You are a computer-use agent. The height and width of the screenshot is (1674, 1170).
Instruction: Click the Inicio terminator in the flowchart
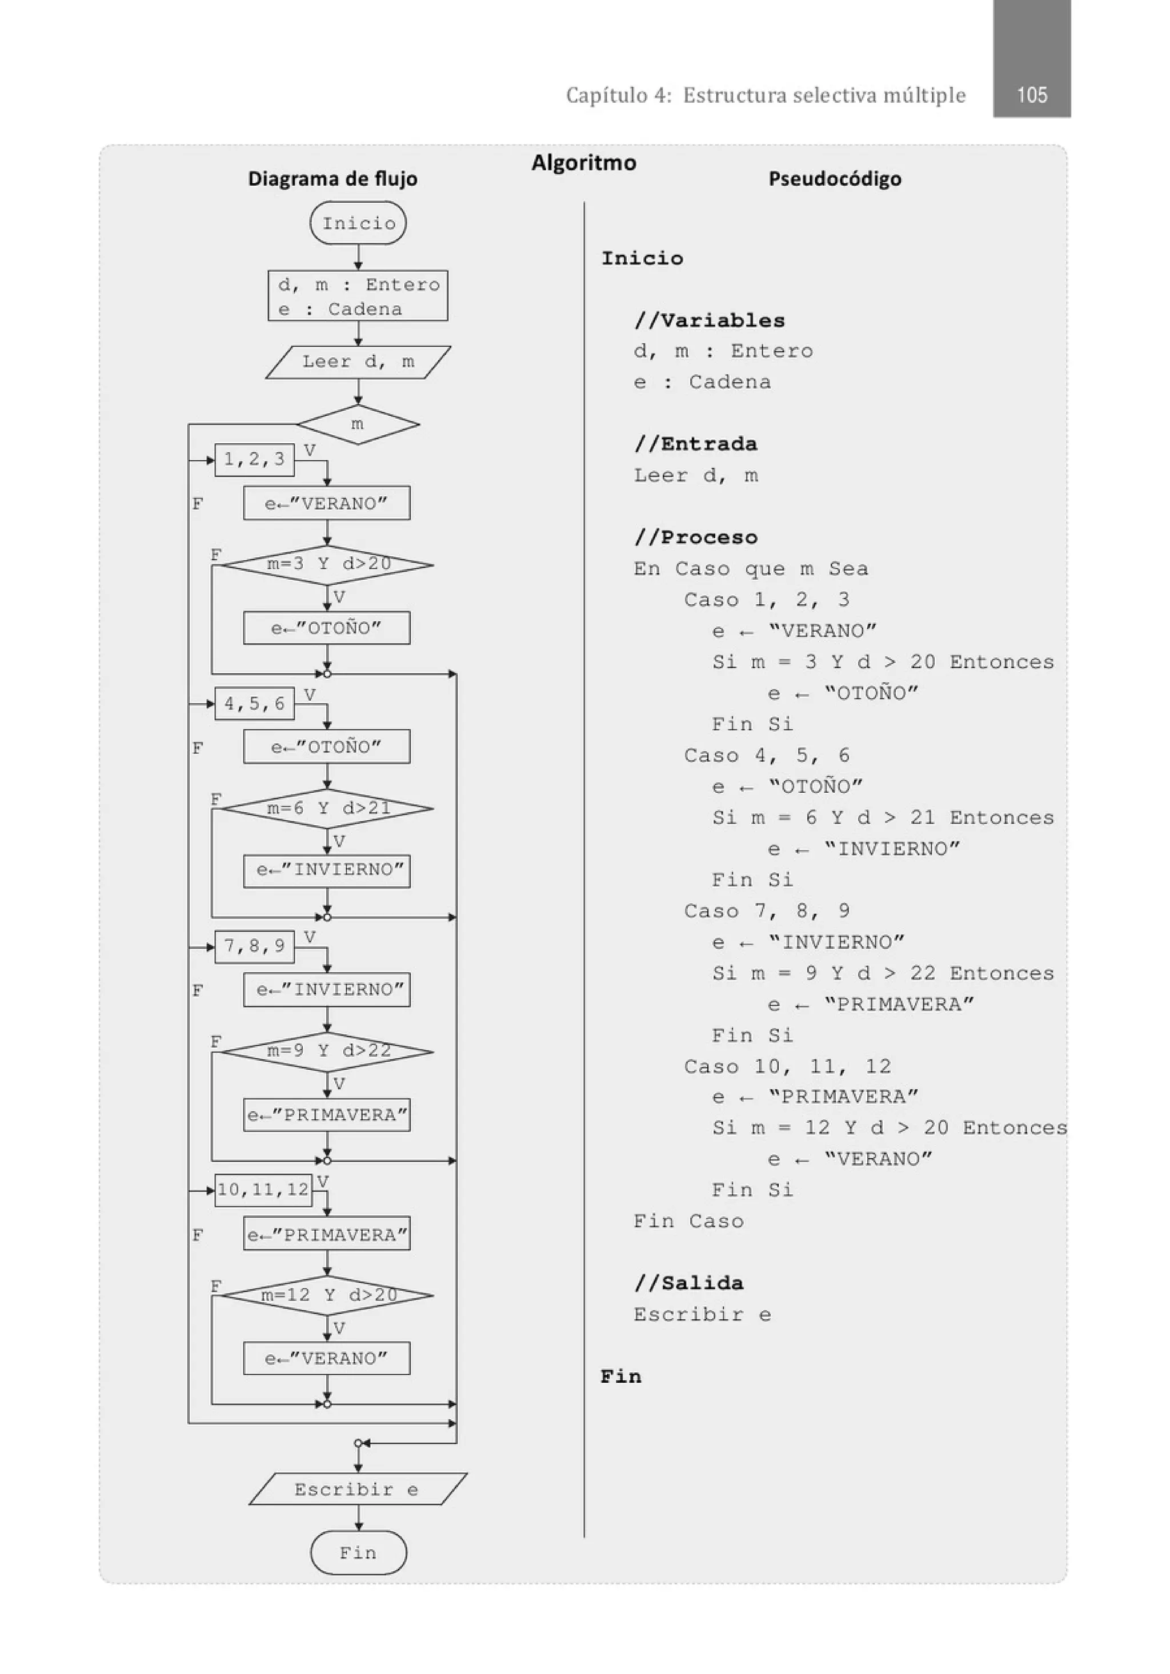click(x=358, y=223)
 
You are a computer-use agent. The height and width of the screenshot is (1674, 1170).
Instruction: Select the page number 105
click(x=1031, y=95)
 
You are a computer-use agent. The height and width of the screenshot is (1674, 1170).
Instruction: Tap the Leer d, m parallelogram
click(x=358, y=362)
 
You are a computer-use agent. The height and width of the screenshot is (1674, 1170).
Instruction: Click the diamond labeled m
click(x=358, y=424)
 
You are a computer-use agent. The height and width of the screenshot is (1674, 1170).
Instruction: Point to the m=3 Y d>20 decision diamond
click(x=327, y=564)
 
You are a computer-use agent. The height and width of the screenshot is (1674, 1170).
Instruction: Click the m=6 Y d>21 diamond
click(x=327, y=809)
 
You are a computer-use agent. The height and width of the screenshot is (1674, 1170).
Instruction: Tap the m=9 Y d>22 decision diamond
click(x=327, y=1051)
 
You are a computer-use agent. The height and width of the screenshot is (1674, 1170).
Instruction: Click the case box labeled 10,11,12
click(x=263, y=1190)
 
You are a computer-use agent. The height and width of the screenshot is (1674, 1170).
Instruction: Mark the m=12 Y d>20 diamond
click(x=327, y=1295)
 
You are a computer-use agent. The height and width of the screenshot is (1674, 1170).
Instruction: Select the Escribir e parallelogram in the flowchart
click(x=358, y=1489)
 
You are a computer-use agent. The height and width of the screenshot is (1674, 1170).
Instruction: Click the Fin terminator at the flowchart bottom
click(x=358, y=1552)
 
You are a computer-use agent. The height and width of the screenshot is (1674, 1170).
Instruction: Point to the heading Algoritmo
click(x=583, y=163)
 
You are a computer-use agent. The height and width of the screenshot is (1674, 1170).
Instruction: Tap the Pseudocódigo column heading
click(x=835, y=179)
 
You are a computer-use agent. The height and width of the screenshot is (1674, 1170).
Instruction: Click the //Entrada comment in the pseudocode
click(x=696, y=444)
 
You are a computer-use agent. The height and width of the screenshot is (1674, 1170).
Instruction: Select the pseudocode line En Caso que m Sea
click(x=751, y=569)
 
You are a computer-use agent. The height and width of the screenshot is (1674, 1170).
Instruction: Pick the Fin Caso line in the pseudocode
click(x=688, y=1221)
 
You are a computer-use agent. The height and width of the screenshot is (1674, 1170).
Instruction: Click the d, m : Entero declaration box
click(x=358, y=296)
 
